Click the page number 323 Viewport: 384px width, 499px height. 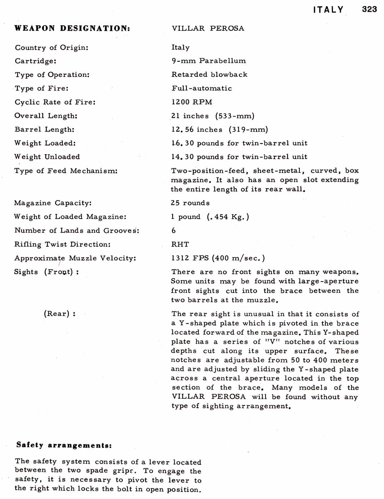(369, 9)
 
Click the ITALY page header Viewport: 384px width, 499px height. (328, 10)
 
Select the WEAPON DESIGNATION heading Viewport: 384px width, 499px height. (72, 29)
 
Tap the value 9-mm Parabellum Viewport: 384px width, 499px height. (208, 61)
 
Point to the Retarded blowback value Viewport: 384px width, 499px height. (209, 74)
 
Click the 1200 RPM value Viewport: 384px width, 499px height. (192, 102)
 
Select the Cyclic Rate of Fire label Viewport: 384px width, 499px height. (55, 102)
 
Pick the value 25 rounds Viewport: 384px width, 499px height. (190, 203)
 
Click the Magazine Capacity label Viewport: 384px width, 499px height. (53, 203)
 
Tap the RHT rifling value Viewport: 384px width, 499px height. (180, 245)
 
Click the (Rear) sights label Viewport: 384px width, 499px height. (60, 314)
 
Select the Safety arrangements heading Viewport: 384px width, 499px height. (64, 445)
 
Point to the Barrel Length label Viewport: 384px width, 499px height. (45, 129)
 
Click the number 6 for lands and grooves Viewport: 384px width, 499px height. (173, 231)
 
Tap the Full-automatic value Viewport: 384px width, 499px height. (202, 88)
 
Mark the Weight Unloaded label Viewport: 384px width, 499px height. (47, 157)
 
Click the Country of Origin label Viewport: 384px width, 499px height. (51, 48)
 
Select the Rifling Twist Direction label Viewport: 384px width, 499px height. (62, 245)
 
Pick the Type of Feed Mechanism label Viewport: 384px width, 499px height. (66, 171)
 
